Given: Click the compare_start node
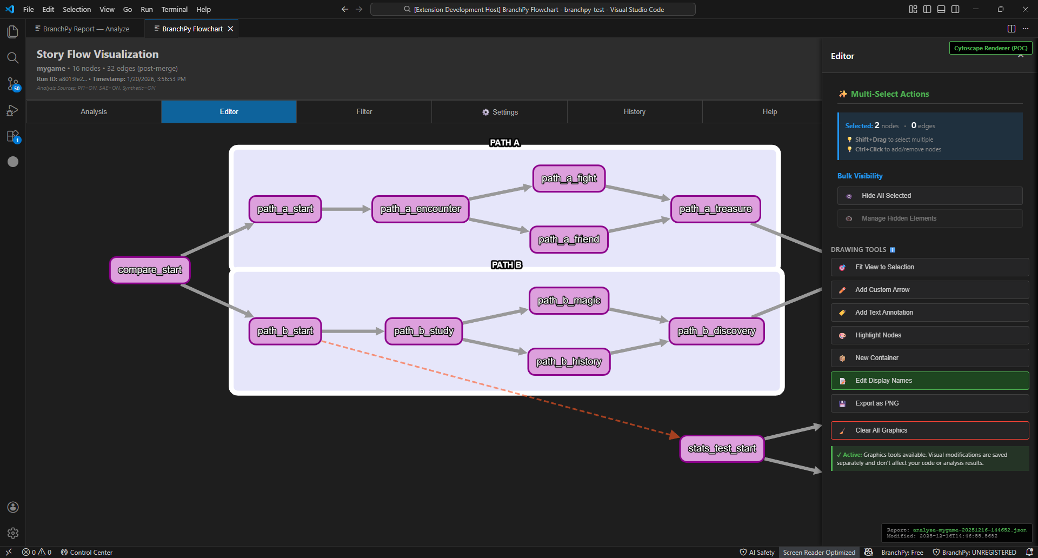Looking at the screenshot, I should pos(150,270).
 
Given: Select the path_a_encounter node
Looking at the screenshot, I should pos(420,209).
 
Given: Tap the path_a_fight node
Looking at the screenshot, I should pos(569,178).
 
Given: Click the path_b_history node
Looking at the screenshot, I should pos(569,362).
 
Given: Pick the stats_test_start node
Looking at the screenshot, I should pos(722,448).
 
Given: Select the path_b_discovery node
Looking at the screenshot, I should pos(716,331).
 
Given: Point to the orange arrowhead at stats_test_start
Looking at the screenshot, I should pos(674,434).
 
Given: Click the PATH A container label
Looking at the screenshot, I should pos(504,143).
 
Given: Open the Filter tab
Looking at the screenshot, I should pos(364,111).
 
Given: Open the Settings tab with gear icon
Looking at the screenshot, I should pos(500,112).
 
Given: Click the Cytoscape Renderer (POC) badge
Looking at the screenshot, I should pos(990,48).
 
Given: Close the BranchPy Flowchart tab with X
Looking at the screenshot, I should pos(230,29).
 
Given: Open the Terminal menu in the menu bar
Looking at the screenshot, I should pos(174,9).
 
